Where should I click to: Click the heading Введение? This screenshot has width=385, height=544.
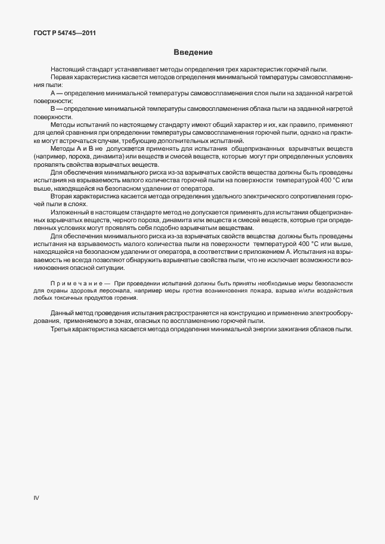pos(192,52)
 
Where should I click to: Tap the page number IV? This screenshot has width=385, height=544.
pos(36,498)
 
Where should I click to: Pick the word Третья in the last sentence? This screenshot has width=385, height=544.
pos(62,329)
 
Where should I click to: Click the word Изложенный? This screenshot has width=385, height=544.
pos(70,212)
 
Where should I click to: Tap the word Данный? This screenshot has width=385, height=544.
pos(63,313)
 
